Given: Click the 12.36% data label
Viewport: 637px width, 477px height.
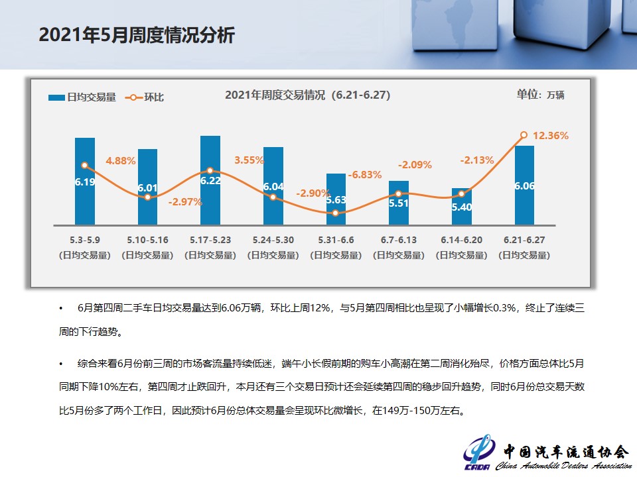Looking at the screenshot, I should click(x=551, y=136).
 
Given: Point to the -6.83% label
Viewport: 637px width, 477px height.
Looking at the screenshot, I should click(x=365, y=175).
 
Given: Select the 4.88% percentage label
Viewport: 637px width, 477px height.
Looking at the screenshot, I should click(x=121, y=160).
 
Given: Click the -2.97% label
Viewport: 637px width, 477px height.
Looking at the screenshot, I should click(x=185, y=202).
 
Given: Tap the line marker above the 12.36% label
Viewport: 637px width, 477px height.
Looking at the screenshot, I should click(x=524, y=134).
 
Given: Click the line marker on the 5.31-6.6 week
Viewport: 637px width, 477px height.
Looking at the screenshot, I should click(x=336, y=213).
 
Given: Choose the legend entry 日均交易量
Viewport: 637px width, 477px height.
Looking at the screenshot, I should click(x=82, y=97).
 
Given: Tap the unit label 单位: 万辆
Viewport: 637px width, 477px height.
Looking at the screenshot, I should click(x=540, y=95).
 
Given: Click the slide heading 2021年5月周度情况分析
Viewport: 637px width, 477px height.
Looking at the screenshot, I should click(x=137, y=35).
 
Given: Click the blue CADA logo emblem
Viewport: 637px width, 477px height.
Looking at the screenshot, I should click(x=478, y=452).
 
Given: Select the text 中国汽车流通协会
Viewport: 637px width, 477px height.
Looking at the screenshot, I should click(x=565, y=452).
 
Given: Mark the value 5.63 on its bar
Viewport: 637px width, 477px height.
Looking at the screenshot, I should click(x=336, y=199).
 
